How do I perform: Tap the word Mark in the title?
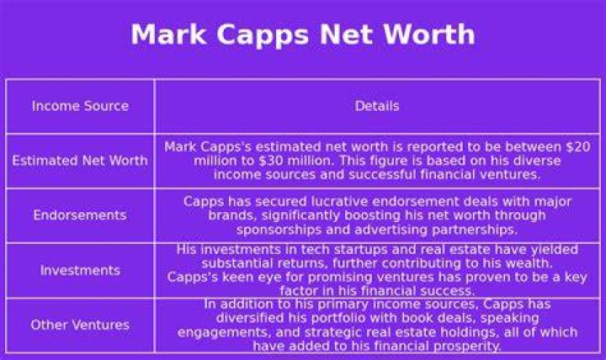click(x=168, y=34)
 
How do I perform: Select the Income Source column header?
click(x=81, y=106)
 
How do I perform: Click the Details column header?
click(x=377, y=106)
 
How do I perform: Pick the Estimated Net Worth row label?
click(x=80, y=161)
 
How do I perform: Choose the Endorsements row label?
click(x=80, y=214)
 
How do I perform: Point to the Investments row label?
click(x=81, y=270)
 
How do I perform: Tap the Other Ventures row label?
click(x=80, y=325)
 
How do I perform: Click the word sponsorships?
click(x=279, y=230)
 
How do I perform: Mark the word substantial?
click(x=230, y=263)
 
